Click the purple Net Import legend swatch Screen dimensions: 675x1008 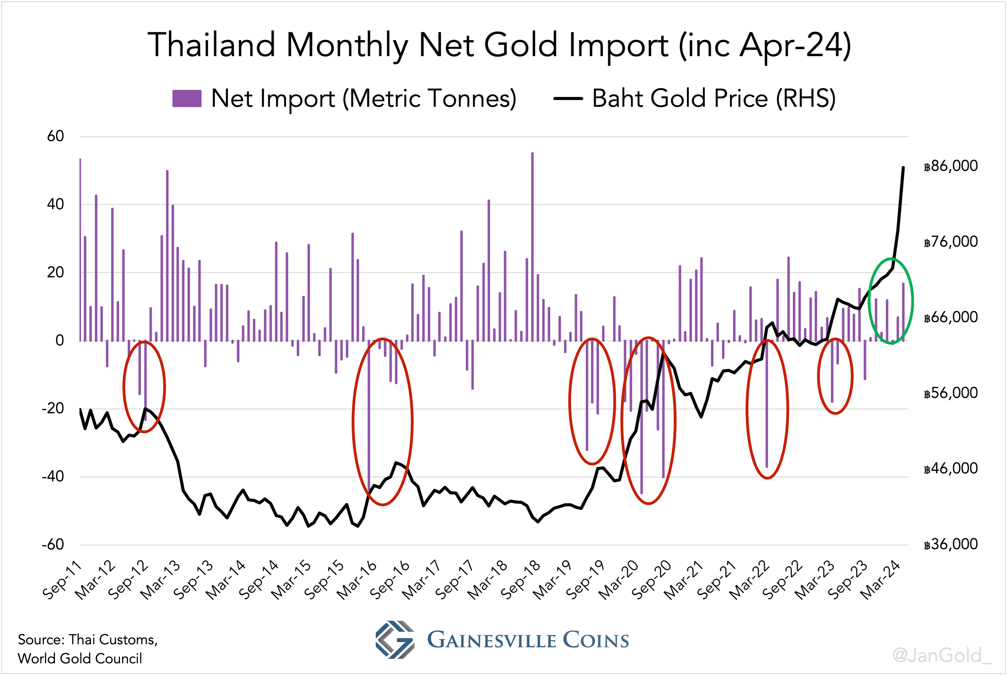tap(187, 98)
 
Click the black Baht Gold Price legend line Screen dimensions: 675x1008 tap(568, 98)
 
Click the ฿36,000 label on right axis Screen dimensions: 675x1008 tap(950, 544)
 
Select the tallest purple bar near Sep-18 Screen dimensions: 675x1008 tap(532, 245)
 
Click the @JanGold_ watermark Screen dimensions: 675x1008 tap(942, 655)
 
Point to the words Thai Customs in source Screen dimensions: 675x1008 tap(113, 640)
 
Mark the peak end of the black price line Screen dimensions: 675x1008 tap(903, 168)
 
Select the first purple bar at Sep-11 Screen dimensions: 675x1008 tap(80, 250)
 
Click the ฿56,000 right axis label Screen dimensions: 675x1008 tap(950, 393)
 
